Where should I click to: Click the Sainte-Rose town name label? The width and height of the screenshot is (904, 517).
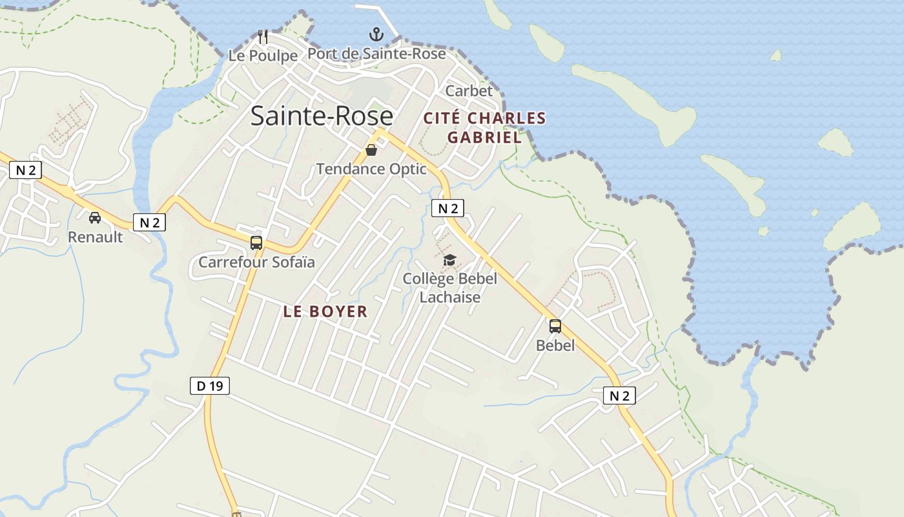322,116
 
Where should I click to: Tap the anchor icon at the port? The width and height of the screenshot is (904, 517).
376,34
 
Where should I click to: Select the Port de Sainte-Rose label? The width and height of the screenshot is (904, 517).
376,54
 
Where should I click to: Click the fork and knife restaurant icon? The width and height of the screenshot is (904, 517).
263,37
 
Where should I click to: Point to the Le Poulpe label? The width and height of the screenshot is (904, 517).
263,56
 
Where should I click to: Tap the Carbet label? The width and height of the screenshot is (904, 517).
469,91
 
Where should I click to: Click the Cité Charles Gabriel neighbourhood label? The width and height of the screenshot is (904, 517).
484,127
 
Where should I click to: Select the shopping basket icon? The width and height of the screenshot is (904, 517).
371,151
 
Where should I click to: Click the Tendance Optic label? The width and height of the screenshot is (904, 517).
371,169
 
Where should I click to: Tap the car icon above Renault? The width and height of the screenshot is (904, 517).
95,218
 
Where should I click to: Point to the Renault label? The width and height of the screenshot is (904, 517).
95,237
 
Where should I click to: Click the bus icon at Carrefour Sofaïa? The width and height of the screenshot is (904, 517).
256,243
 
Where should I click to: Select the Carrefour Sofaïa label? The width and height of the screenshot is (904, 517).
256,262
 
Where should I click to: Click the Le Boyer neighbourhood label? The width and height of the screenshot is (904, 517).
325,311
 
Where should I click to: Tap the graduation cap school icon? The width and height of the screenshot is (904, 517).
449,260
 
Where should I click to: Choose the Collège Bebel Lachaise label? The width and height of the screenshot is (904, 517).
450,288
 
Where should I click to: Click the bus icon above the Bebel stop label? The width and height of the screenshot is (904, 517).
555,326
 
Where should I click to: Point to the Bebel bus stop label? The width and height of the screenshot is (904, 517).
555,346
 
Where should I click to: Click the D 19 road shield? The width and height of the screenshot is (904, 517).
210,386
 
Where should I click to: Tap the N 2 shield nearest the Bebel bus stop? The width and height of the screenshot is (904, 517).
619,396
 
